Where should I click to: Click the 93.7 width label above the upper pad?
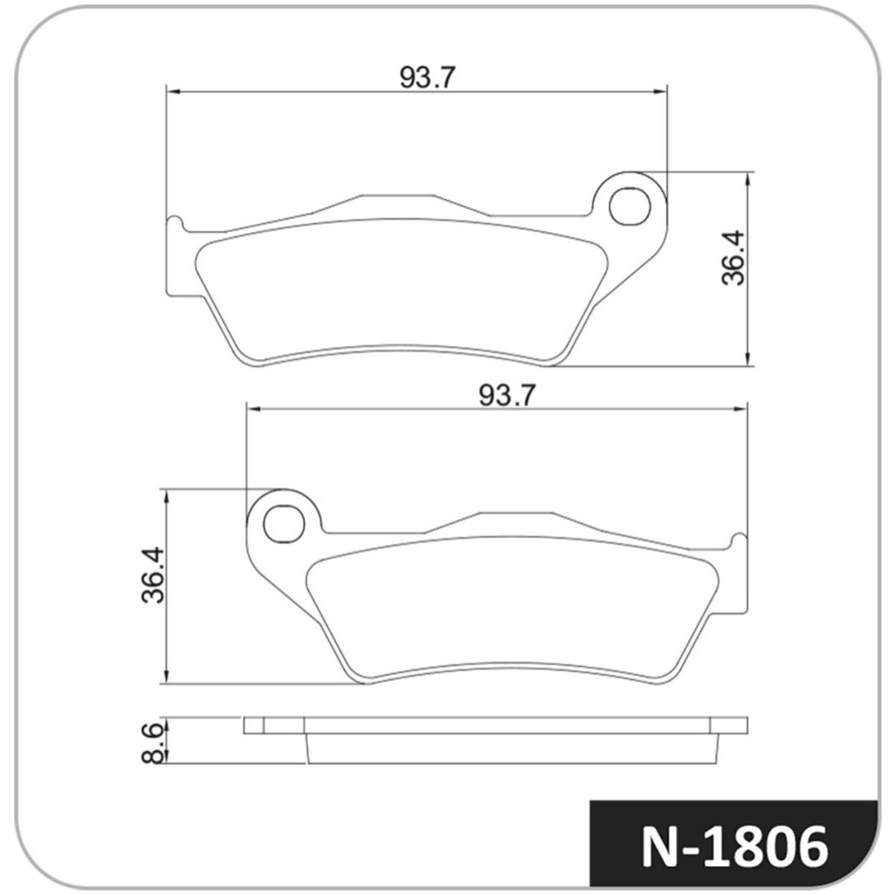(x=428, y=77)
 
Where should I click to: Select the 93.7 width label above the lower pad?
(x=506, y=395)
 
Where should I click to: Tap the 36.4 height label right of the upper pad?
(x=733, y=258)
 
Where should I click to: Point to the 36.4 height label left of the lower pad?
(x=153, y=576)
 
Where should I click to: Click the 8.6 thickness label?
(x=153, y=742)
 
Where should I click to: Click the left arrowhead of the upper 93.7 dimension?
(x=172, y=90)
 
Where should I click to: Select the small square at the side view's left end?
(x=253, y=725)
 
